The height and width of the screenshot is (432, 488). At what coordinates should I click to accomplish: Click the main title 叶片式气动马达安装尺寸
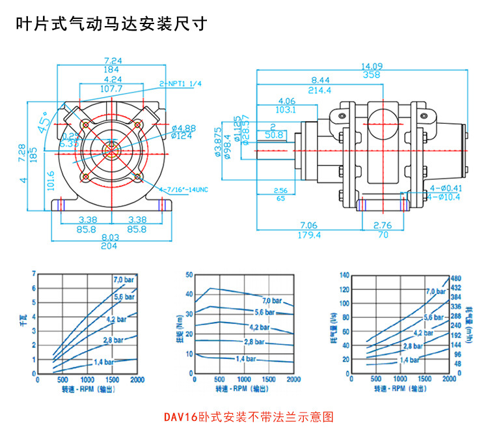(x=111, y=24)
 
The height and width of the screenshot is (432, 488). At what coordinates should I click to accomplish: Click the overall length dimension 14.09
(x=372, y=65)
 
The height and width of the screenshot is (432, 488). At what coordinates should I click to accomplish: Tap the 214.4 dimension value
(x=320, y=90)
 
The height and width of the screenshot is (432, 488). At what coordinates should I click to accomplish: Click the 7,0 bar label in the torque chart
(x=272, y=300)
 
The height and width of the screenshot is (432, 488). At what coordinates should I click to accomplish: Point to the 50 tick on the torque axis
(x=189, y=276)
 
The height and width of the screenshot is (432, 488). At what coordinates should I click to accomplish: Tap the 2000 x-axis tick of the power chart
(x=137, y=379)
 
